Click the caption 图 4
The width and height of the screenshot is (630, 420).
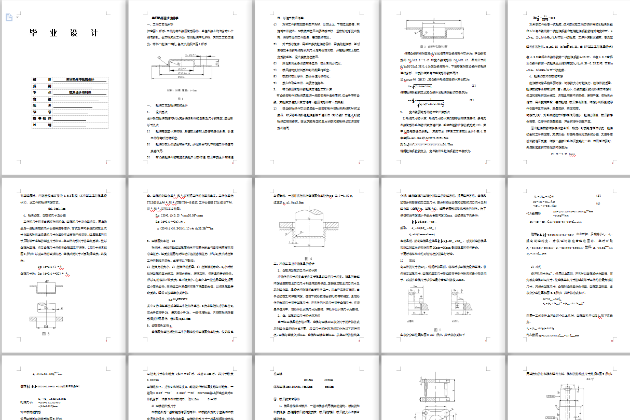point(308,258)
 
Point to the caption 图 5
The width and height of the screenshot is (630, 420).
point(435,330)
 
